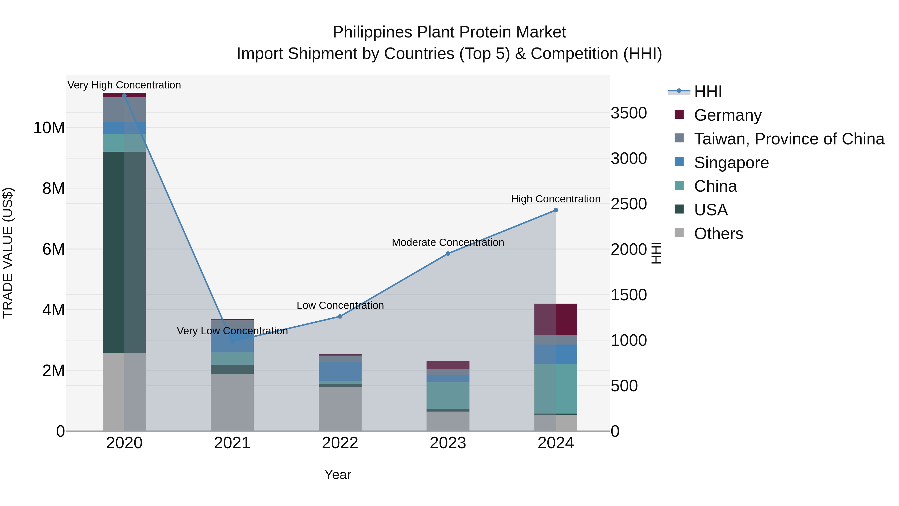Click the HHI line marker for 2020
(124, 96)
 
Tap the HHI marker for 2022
(340, 316)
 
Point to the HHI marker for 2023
(448, 254)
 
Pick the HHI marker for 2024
(556, 210)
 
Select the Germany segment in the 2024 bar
(556, 319)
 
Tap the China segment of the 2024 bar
(556, 389)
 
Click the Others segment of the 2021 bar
(232, 402)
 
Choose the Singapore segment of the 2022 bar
(340, 371)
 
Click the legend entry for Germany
(728, 115)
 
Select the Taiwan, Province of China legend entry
(789, 139)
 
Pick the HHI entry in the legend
(708, 91)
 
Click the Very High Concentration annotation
(124, 85)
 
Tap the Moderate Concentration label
(448, 242)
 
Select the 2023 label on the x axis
(448, 443)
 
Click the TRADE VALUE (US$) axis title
(8, 253)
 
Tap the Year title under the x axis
(337, 475)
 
